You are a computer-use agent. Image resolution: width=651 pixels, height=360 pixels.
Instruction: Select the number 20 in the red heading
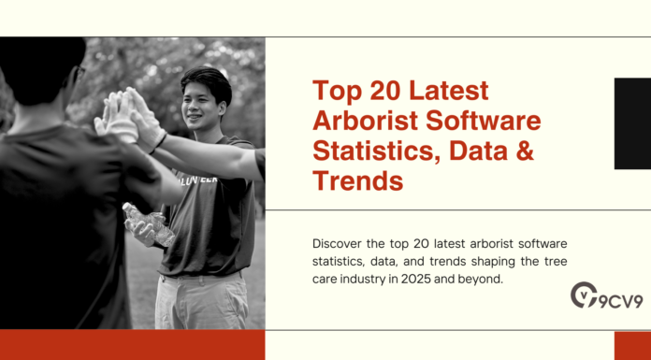point(378,92)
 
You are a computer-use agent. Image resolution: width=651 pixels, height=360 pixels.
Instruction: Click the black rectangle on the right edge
point(631,123)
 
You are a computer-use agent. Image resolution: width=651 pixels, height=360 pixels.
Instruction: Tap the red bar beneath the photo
point(131,344)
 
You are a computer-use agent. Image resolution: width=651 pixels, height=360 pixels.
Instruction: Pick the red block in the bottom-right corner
point(631,345)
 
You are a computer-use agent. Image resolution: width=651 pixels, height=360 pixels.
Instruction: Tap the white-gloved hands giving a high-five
point(126,117)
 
